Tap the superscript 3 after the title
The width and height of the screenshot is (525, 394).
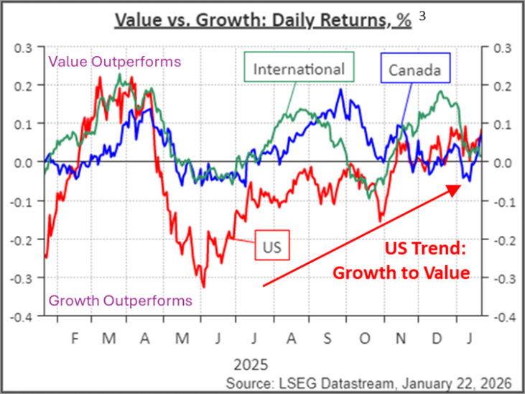(422, 16)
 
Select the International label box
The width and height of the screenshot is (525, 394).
(298, 69)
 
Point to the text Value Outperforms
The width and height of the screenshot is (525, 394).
(113, 61)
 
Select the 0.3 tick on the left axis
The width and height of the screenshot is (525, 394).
(27, 47)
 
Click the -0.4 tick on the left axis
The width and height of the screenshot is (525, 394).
(25, 316)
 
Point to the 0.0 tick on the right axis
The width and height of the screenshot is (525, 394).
(500, 162)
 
